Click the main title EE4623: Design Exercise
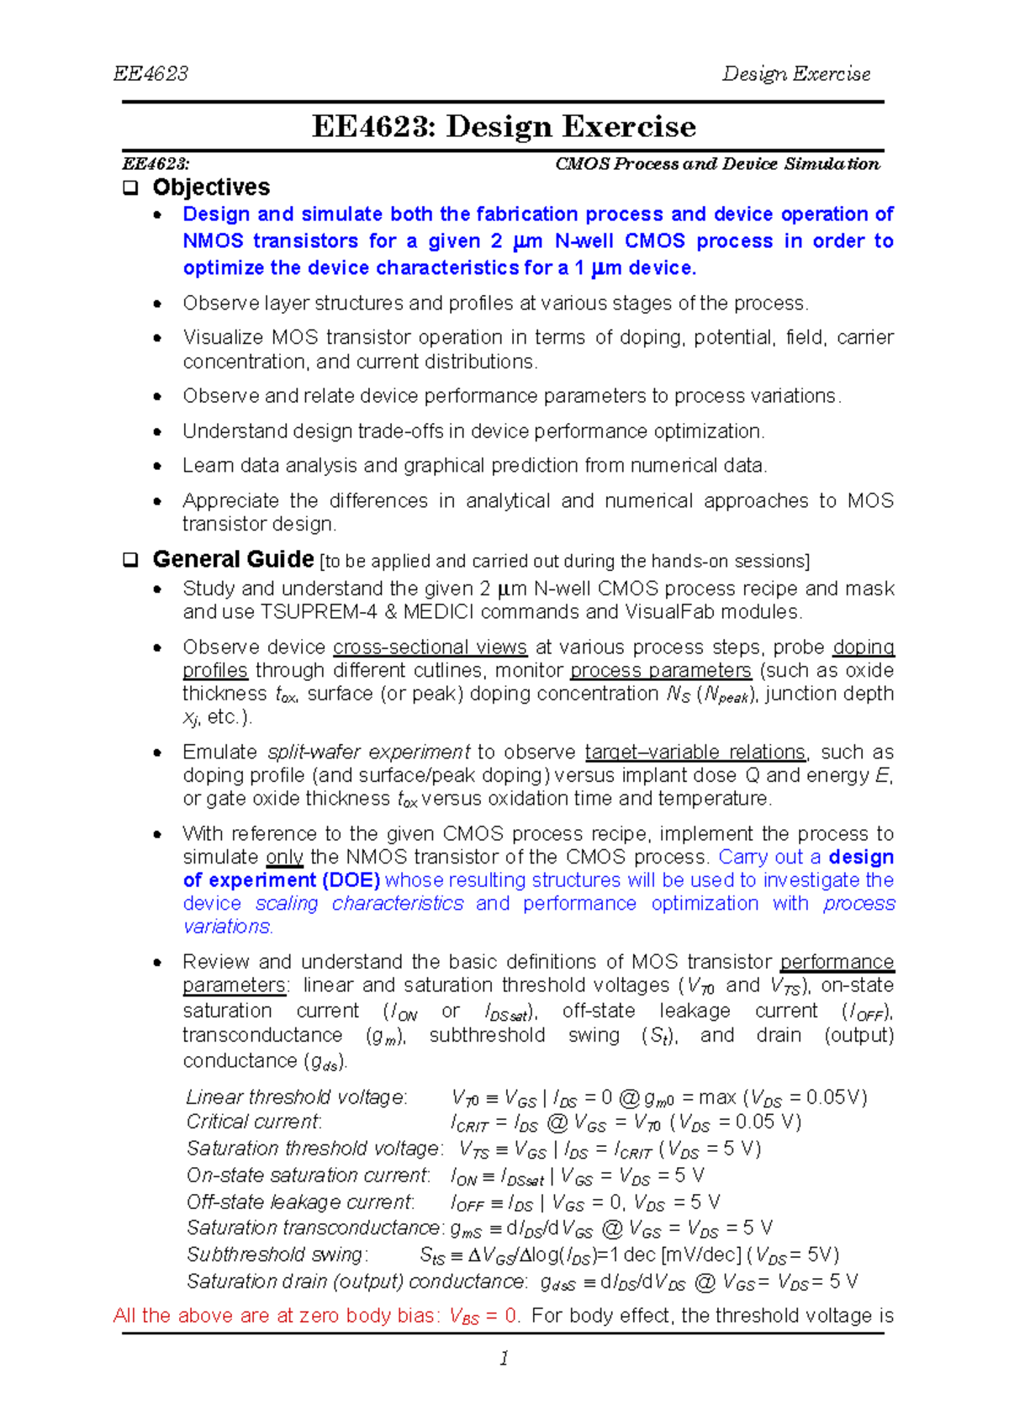click(504, 127)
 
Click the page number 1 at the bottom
click(504, 1358)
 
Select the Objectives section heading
click(211, 187)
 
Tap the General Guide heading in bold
click(233, 559)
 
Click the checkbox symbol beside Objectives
click(130, 187)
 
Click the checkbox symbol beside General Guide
click(130, 560)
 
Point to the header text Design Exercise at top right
click(795, 74)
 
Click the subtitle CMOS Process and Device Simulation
click(717, 164)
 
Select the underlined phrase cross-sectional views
click(430, 647)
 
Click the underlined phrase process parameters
click(660, 671)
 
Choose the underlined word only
click(284, 858)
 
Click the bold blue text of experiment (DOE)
click(282, 880)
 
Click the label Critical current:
click(253, 1122)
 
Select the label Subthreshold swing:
click(277, 1254)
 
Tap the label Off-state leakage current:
click(300, 1202)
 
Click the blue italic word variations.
click(227, 927)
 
